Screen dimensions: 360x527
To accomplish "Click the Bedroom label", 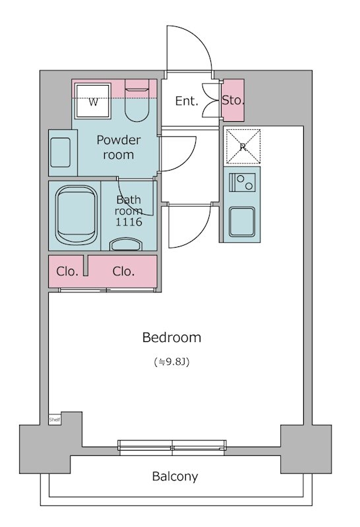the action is (x=171, y=337).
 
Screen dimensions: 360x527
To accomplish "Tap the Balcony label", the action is (x=175, y=476).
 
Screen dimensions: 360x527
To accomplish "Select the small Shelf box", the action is (x=55, y=419).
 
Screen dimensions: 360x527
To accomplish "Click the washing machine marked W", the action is (x=93, y=101).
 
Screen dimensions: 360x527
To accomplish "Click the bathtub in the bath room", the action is (x=76, y=215).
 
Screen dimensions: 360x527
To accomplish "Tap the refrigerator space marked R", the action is (x=243, y=146).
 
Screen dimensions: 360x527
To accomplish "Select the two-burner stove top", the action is (x=242, y=182).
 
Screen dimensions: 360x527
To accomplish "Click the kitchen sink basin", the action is (x=242, y=222).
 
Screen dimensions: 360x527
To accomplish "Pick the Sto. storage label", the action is (x=233, y=100).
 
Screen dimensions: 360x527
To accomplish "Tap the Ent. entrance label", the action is (x=187, y=101).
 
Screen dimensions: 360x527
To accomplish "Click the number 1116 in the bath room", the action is (x=129, y=222).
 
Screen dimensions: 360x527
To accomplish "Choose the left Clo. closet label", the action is (x=67, y=271).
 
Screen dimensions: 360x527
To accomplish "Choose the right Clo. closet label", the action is (x=123, y=271).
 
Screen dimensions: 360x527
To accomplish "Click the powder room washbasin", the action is (x=60, y=152).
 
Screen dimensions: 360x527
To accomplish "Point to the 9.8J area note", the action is (x=171, y=362).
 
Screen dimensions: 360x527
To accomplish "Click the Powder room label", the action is (x=119, y=147).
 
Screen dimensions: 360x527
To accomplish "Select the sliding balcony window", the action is (x=172, y=447).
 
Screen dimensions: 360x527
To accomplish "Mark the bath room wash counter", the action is (x=125, y=244).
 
